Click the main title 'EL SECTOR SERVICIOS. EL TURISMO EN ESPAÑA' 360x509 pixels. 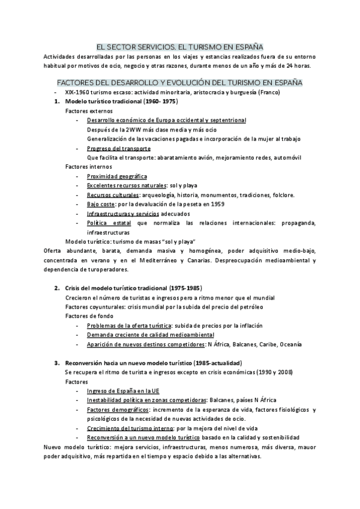tap(179, 46)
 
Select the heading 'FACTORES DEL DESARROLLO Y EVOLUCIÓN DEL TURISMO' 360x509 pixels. tap(179, 82)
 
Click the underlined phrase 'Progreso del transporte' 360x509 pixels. tap(118, 148)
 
